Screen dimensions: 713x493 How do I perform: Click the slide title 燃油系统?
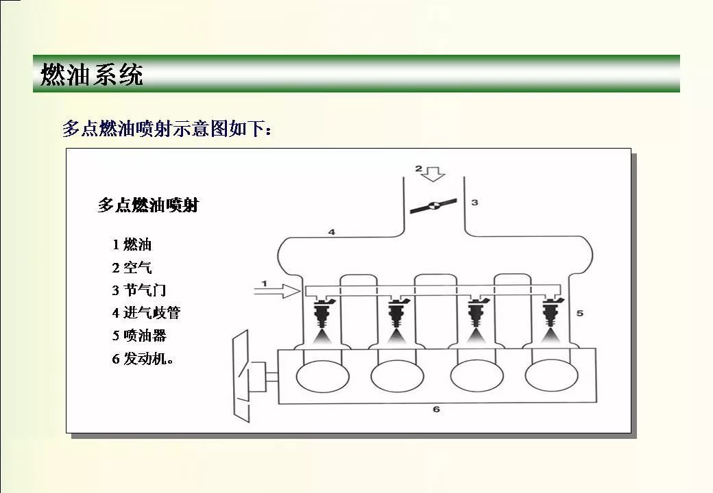[x=92, y=74]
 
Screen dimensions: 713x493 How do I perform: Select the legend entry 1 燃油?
[x=132, y=244]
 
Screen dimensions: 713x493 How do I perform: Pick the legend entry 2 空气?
[x=132, y=267]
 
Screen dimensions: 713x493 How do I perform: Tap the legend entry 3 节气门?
[x=139, y=290]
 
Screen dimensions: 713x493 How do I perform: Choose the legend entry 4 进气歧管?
[x=147, y=313]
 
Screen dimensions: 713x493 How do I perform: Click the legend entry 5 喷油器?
[x=139, y=336]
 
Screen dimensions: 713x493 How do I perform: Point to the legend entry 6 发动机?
[x=143, y=359]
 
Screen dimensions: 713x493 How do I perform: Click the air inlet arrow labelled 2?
[x=433, y=174]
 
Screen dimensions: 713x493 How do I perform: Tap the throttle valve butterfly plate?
[x=433, y=206]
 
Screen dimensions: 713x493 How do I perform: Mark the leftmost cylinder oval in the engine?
[x=322, y=377]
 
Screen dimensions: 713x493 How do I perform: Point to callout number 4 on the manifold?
[x=332, y=232]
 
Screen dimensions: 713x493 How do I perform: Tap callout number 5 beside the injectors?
[x=580, y=313]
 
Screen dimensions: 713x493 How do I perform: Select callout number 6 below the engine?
[x=436, y=409]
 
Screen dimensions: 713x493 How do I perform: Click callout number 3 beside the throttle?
[x=474, y=203]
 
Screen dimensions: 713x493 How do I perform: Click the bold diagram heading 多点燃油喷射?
[x=148, y=205]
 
